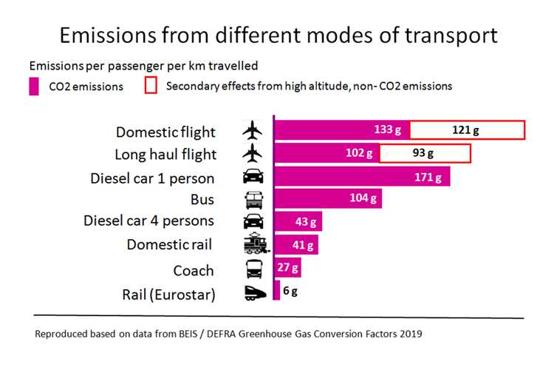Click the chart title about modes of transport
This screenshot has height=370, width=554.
click(x=277, y=35)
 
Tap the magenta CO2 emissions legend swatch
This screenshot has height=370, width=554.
click(x=34, y=86)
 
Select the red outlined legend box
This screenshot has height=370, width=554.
click(x=151, y=86)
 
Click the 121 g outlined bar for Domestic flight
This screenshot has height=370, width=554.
click(x=467, y=130)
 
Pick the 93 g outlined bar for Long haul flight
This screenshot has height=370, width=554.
click(x=425, y=154)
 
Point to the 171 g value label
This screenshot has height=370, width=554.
click(x=428, y=178)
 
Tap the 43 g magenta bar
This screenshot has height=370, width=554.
click(x=298, y=221)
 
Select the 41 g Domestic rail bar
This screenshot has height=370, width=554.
click(x=295, y=245)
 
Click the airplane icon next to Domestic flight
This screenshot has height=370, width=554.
click(x=253, y=132)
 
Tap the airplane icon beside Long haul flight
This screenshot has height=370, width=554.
click(x=253, y=154)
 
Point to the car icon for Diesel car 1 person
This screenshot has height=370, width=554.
click(x=253, y=178)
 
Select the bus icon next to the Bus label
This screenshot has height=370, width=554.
click(x=253, y=199)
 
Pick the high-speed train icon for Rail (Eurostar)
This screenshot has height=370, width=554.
click(x=253, y=293)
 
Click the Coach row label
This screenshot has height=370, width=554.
click(x=194, y=270)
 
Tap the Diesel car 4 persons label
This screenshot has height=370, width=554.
click(x=148, y=221)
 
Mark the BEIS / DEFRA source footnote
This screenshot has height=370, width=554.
click(x=228, y=334)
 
